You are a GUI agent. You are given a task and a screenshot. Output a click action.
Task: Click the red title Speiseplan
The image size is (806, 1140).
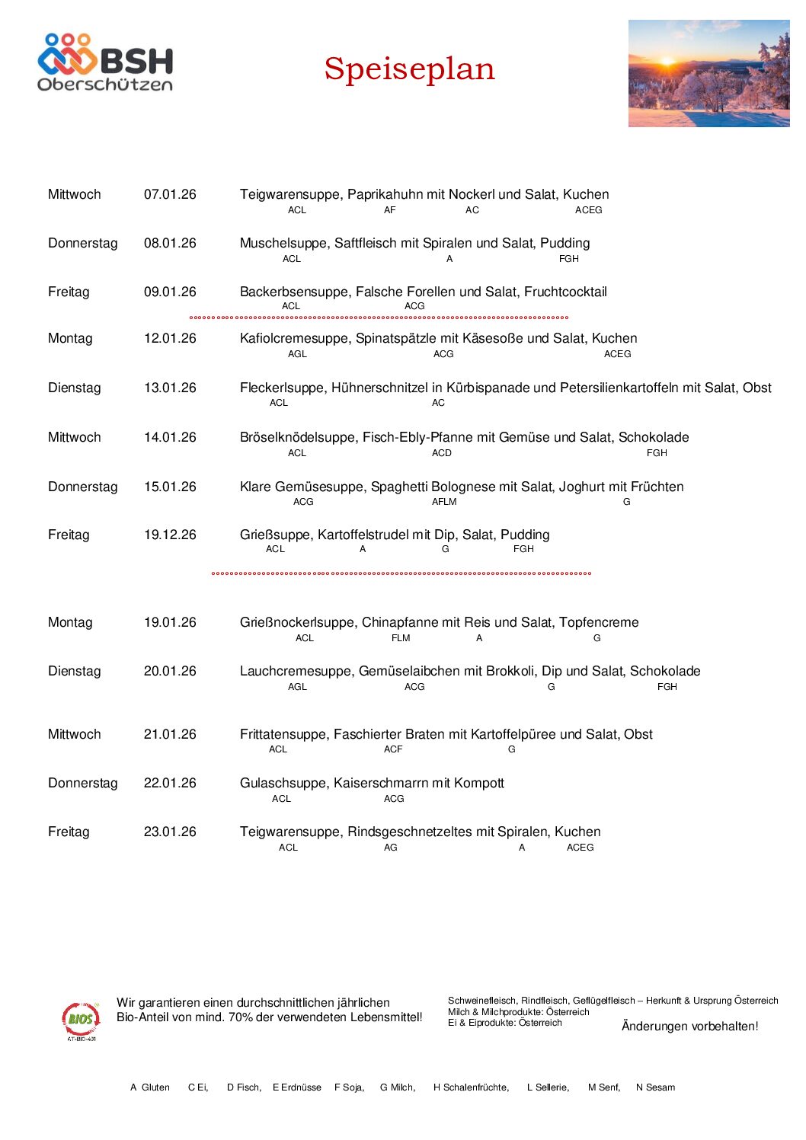409,69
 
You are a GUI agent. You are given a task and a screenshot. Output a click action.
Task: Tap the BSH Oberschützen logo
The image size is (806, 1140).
105,62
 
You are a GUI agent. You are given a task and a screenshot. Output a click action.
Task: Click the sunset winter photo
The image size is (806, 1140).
708,73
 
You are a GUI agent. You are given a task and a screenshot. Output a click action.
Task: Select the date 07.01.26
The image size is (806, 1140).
170,195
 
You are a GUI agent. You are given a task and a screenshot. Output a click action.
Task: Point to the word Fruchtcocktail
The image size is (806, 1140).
565,292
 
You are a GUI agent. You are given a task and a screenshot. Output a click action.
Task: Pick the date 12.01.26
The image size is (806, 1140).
170,339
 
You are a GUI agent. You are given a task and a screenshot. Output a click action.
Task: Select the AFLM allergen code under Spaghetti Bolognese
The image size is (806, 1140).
444,502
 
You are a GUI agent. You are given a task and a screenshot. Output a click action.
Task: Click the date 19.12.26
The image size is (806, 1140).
170,535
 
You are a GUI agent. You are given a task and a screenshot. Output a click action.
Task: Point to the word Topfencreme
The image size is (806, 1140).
599,623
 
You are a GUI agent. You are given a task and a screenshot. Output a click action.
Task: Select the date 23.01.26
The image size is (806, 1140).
170,832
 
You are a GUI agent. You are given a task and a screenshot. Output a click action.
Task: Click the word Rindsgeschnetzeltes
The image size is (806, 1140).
410,832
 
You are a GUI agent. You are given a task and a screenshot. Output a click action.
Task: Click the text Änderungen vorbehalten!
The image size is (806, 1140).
689,1027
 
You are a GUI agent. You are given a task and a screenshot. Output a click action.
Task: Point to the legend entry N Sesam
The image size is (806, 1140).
655,1087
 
